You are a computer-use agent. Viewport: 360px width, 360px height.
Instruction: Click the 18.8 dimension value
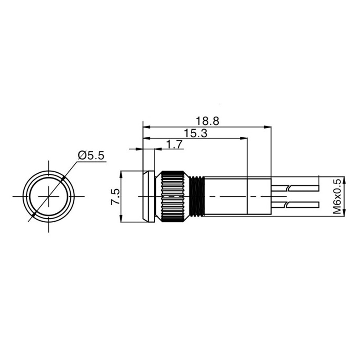click(x=207, y=121)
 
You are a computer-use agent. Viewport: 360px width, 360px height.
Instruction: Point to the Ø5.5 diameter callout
click(x=91, y=156)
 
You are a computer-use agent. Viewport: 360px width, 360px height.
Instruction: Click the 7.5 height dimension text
click(x=115, y=197)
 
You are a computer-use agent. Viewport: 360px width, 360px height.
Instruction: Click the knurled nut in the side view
click(x=170, y=197)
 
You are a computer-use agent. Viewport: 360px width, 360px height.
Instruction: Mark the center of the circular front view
click(x=48, y=197)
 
